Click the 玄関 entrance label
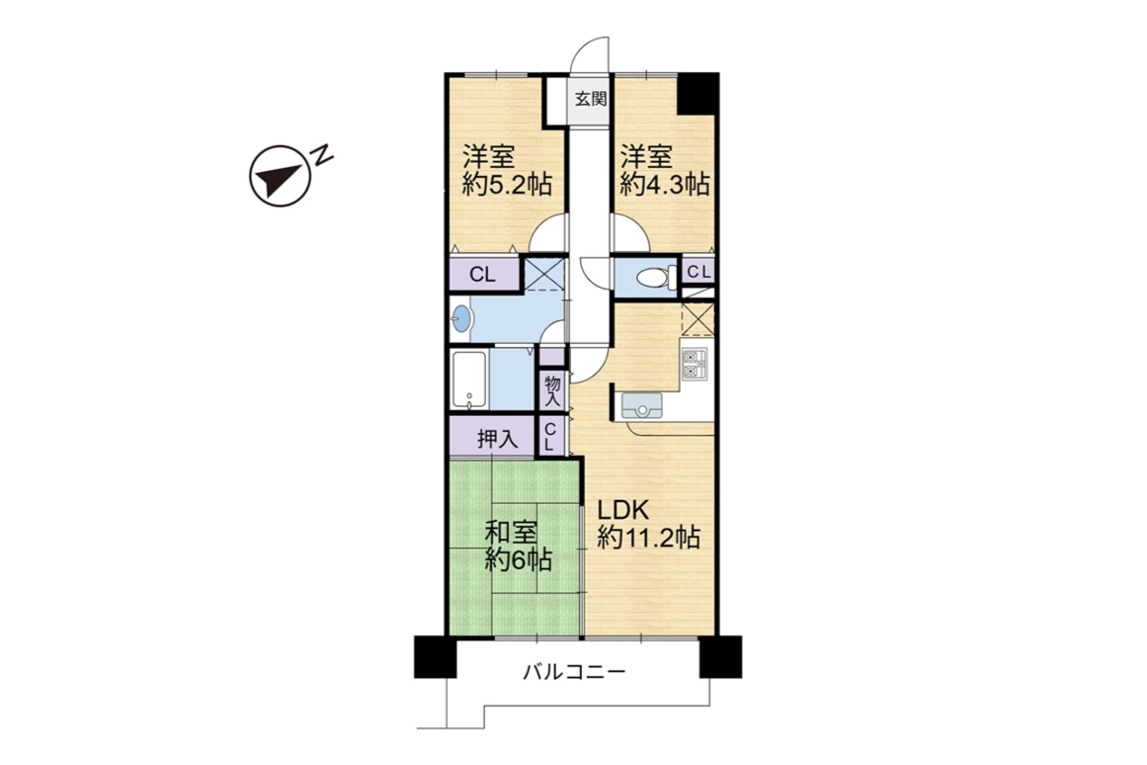point(591,99)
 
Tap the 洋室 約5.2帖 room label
point(506,171)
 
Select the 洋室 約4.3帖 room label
point(665,171)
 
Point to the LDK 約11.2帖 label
point(649,525)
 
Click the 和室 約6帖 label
point(519,547)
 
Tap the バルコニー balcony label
point(574,671)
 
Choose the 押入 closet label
point(498,439)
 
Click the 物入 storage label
point(552,390)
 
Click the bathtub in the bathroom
point(469,380)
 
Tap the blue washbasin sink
point(461,319)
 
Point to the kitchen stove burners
point(695,364)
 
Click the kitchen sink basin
point(641,405)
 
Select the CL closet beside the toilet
point(697,272)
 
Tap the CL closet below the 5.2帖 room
point(483,275)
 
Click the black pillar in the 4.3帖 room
point(696,94)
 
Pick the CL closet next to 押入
point(552,436)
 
